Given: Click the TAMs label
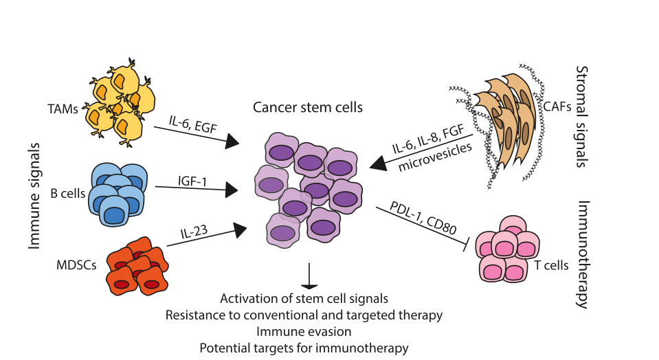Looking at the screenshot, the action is pyautogui.click(x=63, y=109).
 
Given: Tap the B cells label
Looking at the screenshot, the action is pyautogui.click(x=67, y=193).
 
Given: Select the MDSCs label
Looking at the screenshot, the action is pyautogui.click(x=76, y=265).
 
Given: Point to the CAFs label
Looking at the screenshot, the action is pyautogui.click(x=557, y=106).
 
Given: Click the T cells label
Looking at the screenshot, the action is pyautogui.click(x=551, y=265).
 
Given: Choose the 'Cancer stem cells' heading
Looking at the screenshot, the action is pyautogui.click(x=308, y=107).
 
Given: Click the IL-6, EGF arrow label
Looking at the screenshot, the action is pyautogui.click(x=193, y=124).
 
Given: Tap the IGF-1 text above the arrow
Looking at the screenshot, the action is pyautogui.click(x=192, y=181).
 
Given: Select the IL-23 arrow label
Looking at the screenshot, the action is pyautogui.click(x=194, y=232).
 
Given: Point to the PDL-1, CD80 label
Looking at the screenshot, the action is pyautogui.click(x=423, y=218).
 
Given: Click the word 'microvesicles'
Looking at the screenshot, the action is pyautogui.click(x=435, y=157).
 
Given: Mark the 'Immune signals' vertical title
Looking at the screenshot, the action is pyautogui.click(x=34, y=196).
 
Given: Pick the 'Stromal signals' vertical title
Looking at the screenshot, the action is pyautogui.click(x=581, y=116).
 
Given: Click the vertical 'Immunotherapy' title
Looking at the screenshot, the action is pyautogui.click(x=583, y=255).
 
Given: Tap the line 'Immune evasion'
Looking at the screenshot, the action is pyautogui.click(x=304, y=331).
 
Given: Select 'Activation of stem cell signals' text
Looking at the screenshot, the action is pyautogui.click(x=304, y=298).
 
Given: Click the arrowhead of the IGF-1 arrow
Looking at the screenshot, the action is pyautogui.click(x=232, y=190).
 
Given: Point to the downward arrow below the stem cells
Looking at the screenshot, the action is pyautogui.click(x=309, y=276).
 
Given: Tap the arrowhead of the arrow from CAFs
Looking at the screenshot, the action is pyautogui.click(x=378, y=164).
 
